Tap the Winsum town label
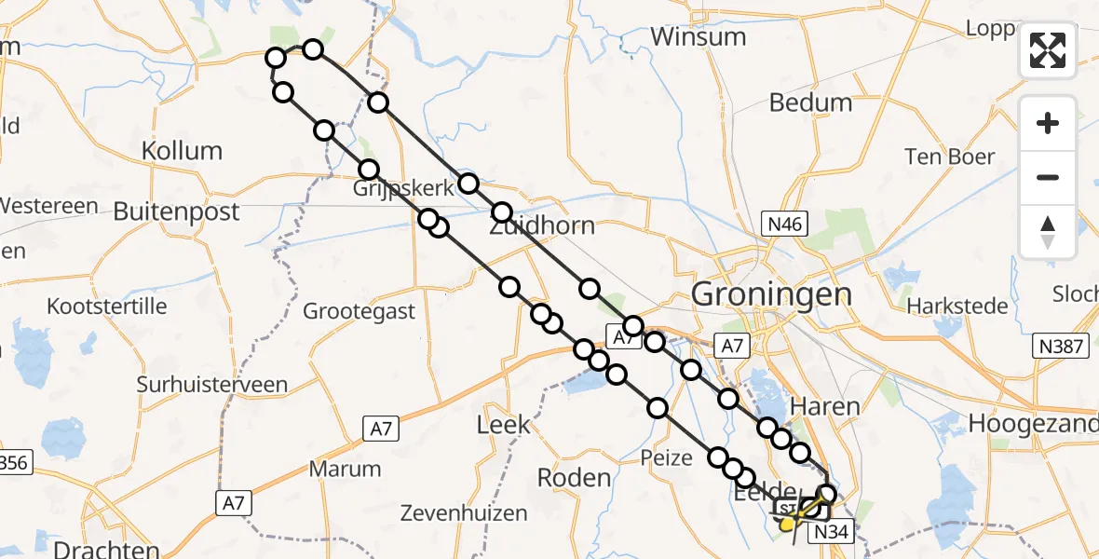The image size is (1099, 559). pyautogui.click(x=699, y=37)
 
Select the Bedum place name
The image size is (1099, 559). pyautogui.click(x=811, y=102)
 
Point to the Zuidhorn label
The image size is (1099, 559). pyautogui.click(x=542, y=226)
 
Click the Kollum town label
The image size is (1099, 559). pyautogui.click(x=183, y=151)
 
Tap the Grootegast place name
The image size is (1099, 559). pyautogui.click(x=360, y=311)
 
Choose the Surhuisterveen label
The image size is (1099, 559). pyautogui.click(x=212, y=384)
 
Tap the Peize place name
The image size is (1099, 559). pyautogui.click(x=667, y=457)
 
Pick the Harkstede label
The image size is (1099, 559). pyautogui.click(x=957, y=306)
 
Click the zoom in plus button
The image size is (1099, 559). pyautogui.click(x=1048, y=123)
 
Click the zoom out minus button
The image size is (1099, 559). pyautogui.click(x=1048, y=177)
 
